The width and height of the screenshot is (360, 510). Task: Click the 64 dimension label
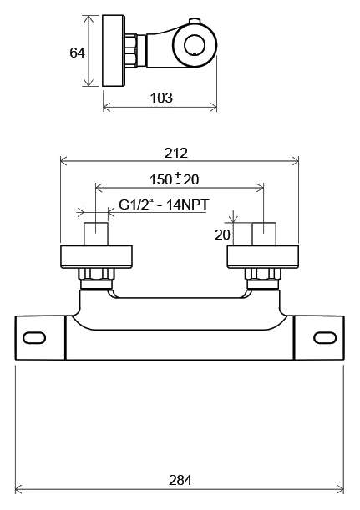point(77,53)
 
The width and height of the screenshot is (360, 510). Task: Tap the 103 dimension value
point(161,98)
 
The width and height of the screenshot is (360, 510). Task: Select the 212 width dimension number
point(176,153)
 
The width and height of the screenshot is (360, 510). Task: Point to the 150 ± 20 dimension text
point(174,179)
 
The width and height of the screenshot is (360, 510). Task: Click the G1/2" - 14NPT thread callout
point(164,205)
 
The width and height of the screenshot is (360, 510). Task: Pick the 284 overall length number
point(180,480)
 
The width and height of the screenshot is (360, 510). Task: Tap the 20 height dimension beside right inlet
point(222,235)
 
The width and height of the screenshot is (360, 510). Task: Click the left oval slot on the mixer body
point(34,337)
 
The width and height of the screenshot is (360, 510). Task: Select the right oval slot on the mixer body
point(325,337)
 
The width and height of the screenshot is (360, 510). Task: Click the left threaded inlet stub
point(96,234)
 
